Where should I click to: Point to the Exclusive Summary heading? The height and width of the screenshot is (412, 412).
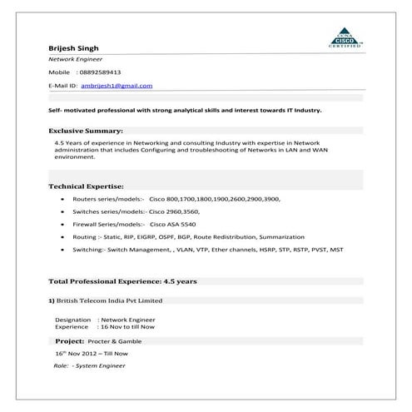pos(86,131)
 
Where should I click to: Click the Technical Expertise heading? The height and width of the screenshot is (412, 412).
pos(87,186)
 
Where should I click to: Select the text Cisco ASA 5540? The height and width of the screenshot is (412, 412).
pos(173,225)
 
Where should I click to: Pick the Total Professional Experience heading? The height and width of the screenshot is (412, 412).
pos(122,281)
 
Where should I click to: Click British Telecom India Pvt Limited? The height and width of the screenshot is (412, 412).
pos(109,300)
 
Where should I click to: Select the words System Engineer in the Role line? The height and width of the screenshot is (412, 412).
pos(103,365)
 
